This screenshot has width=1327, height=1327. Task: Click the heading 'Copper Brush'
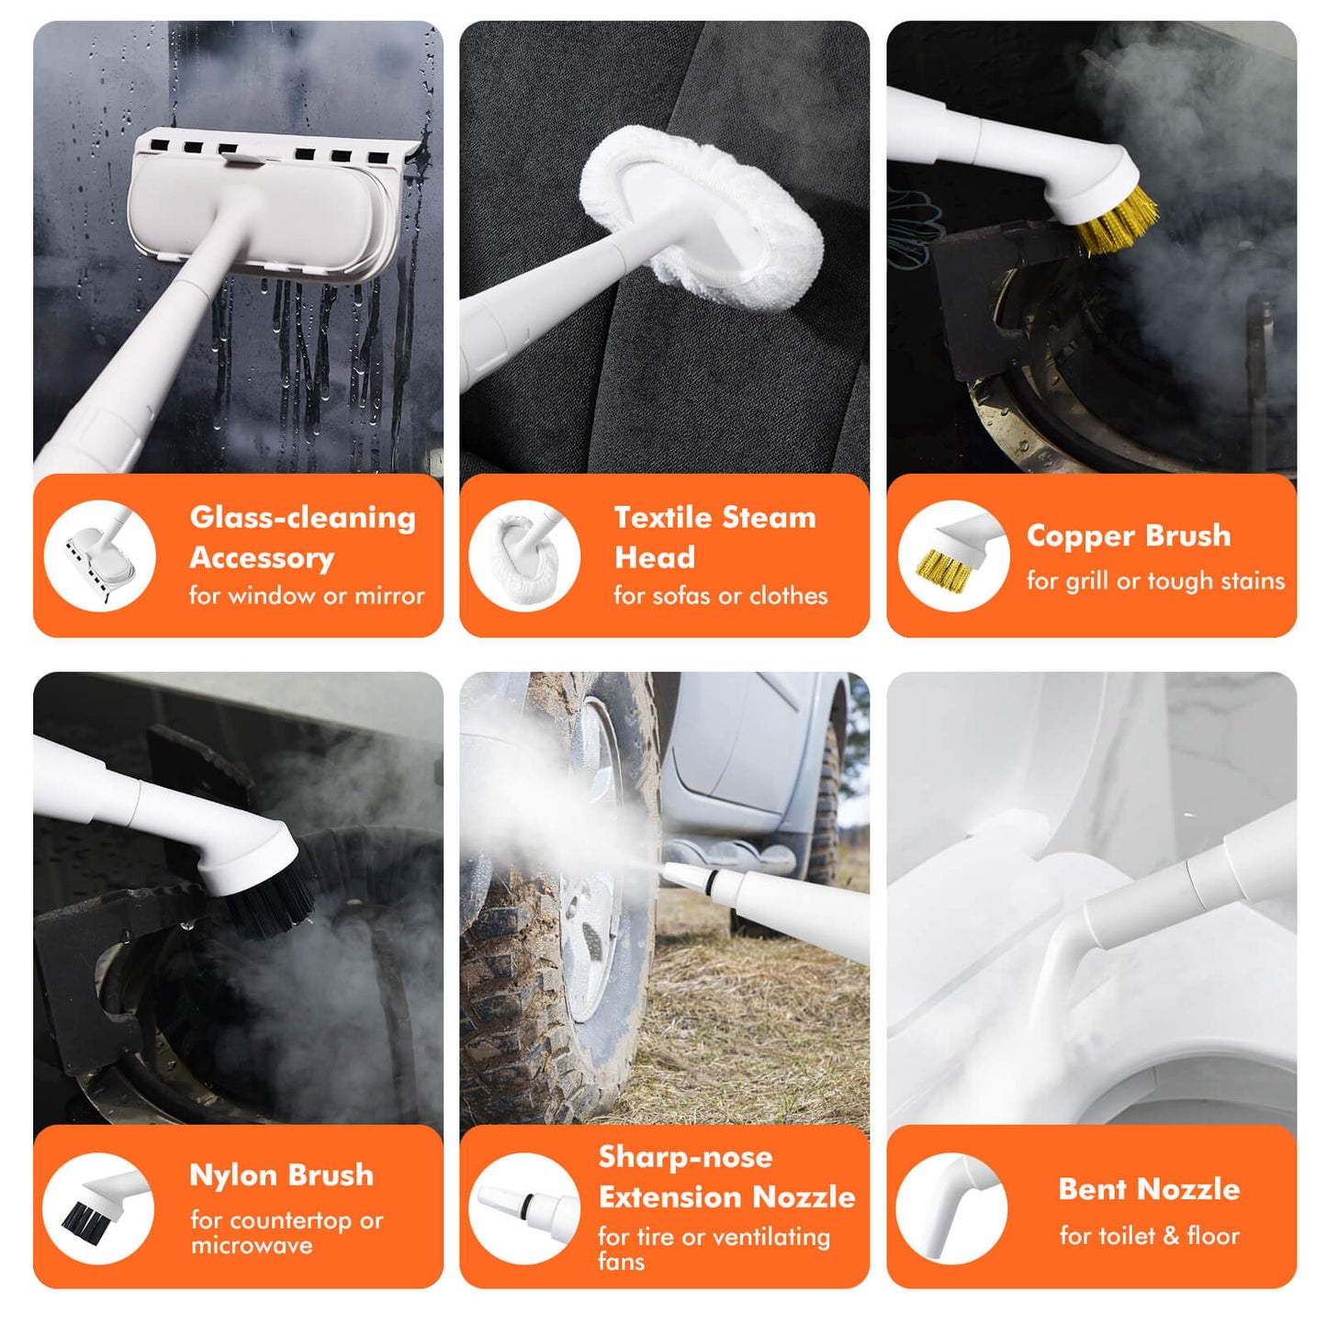tap(1128, 535)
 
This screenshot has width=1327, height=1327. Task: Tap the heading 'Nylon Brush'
tap(281, 1175)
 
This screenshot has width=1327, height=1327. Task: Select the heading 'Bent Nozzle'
tap(1149, 1188)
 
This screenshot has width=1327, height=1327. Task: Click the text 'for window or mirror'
tap(307, 596)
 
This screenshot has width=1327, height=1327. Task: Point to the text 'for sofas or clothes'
tap(720, 596)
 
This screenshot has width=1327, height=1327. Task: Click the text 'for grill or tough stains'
tap(1155, 580)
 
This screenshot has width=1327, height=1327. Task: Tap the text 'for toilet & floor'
tap(1150, 1235)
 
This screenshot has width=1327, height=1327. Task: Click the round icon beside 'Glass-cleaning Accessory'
tap(100, 556)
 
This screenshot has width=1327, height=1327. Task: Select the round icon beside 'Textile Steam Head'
tap(524, 556)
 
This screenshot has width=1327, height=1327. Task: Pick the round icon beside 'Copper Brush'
tap(954, 556)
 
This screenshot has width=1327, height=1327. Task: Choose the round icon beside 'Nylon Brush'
tap(97, 1209)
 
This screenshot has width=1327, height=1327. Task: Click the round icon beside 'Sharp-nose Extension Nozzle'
tap(524, 1209)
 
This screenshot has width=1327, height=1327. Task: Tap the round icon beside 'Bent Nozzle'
tap(951, 1209)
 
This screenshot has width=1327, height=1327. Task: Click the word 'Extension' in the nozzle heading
tap(668, 1197)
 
